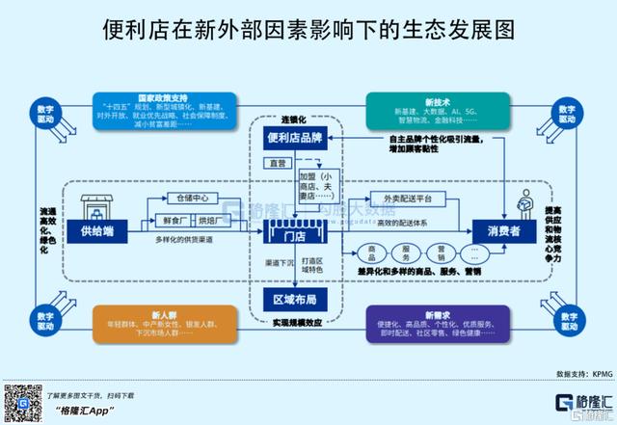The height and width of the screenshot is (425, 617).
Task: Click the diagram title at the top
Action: click(308, 30)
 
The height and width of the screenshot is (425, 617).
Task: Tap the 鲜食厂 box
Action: click(159, 221)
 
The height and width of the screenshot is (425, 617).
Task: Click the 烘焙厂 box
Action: click(205, 221)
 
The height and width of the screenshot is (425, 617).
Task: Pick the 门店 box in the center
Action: click(298, 230)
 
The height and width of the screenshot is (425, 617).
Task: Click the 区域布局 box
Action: click(297, 300)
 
